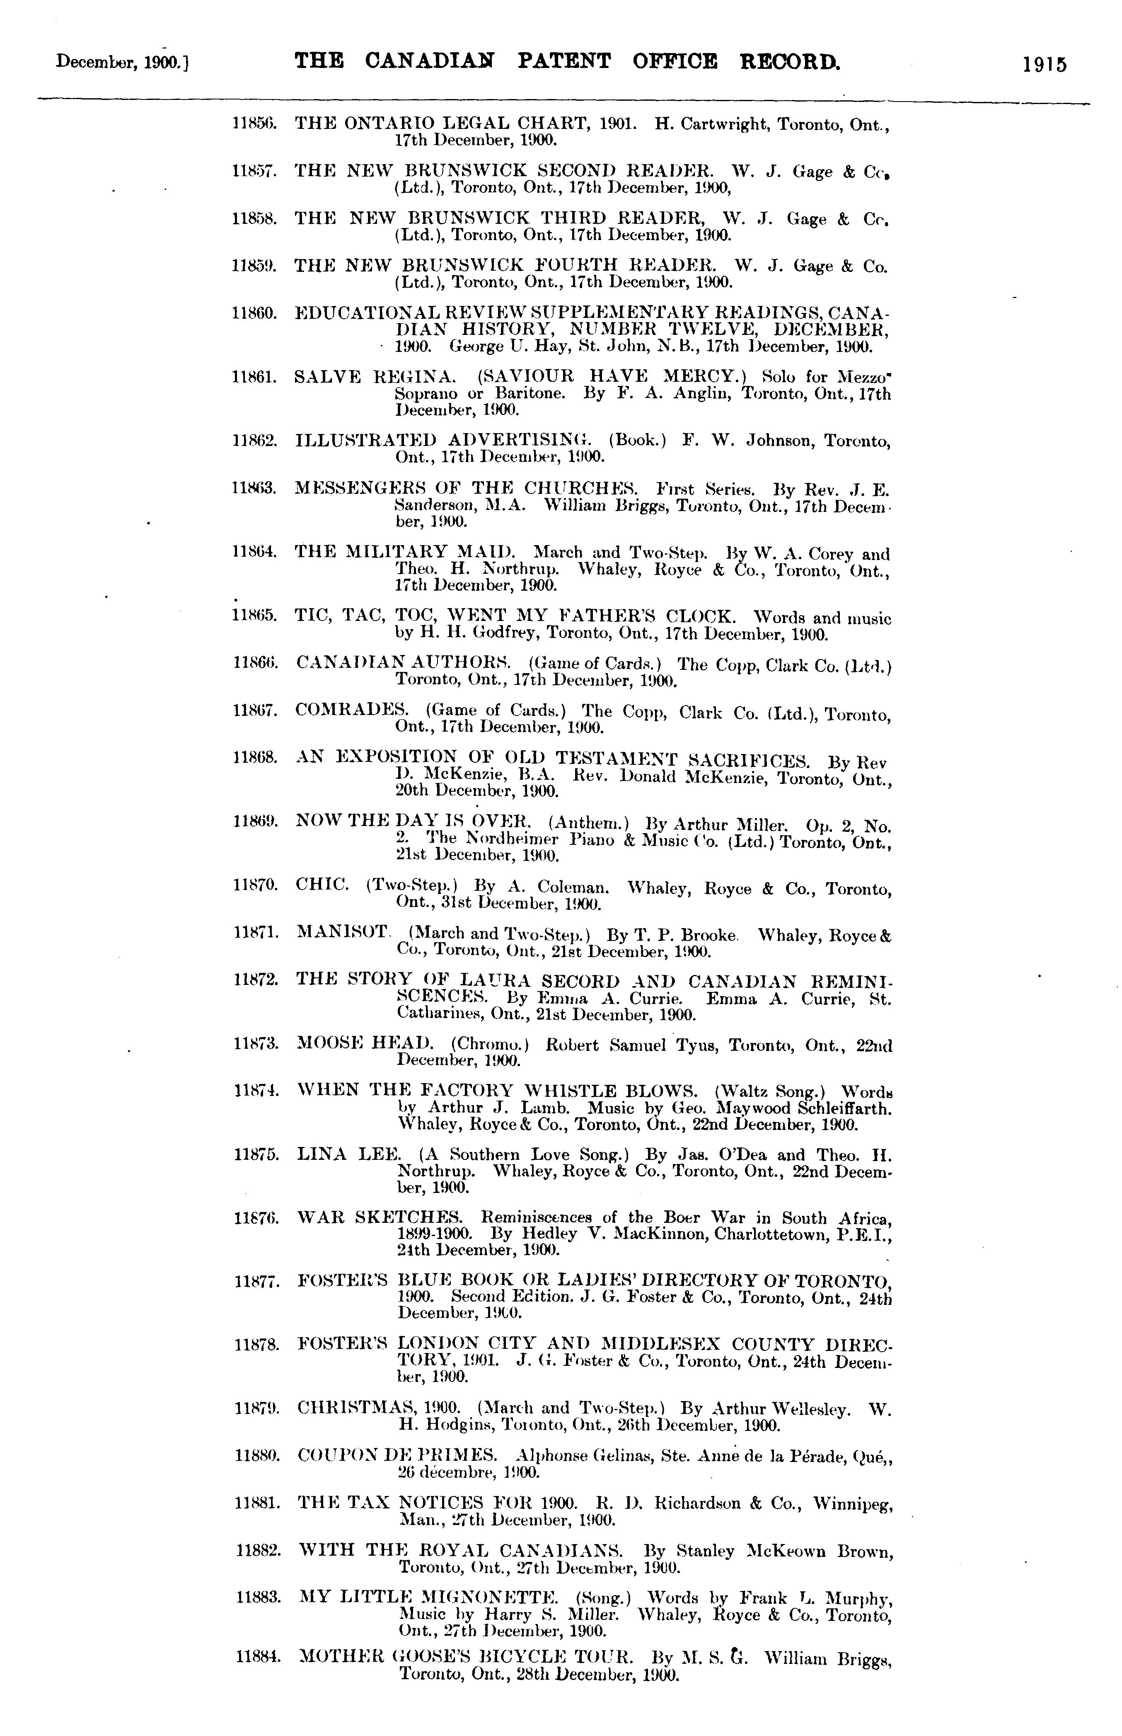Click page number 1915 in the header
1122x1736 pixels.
pyautogui.click(x=1044, y=64)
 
